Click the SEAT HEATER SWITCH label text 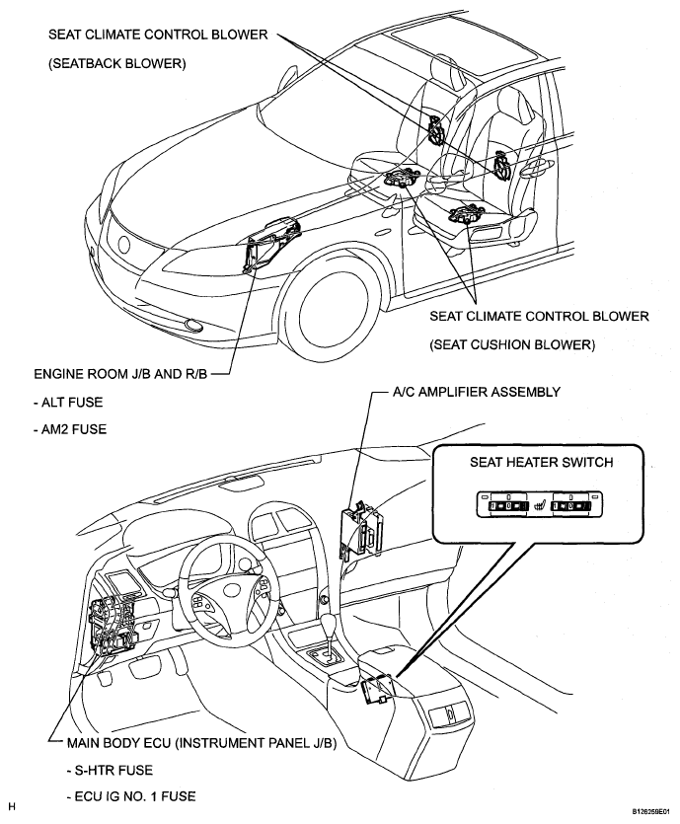coord(541,463)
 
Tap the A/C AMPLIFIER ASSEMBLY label coord(477,392)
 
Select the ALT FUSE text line coord(68,403)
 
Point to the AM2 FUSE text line coord(70,429)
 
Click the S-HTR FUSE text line coord(110,771)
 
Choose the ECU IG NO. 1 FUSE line coord(131,796)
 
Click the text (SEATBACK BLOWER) coord(117,64)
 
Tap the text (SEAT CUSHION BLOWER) coord(512,345)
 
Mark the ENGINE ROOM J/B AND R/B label coord(120,374)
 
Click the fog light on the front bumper coord(193,326)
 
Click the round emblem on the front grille coord(124,245)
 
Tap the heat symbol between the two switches coord(539,506)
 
